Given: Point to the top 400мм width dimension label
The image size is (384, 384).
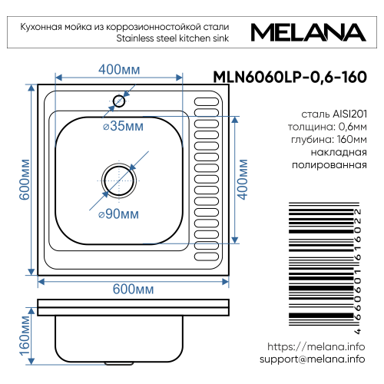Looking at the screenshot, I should tap(119, 70).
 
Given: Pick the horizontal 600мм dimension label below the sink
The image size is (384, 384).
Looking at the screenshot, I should tap(134, 289).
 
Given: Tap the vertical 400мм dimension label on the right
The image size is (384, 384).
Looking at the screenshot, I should tap(244, 179).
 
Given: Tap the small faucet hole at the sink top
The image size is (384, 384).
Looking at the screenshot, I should tap(120, 100).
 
